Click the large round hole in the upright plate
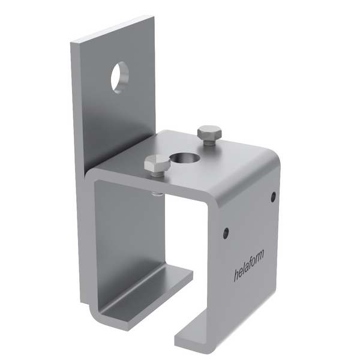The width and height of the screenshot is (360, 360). pyautogui.click(x=120, y=77)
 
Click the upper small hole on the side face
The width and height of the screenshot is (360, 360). pyautogui.click(x=273, y=197)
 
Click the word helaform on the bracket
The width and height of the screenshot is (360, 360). pyautogui.click(x=248, y=266)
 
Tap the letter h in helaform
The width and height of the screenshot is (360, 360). pyautogui.click(x=236, y=275)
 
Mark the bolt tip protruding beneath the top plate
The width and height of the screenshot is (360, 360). pyautogui.click(x=157, y=194)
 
